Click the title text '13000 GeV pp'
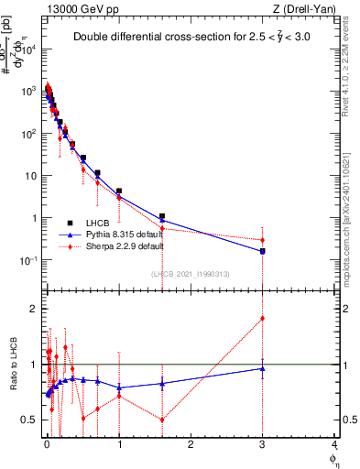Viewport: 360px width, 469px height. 76,8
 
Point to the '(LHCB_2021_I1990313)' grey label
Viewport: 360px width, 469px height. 190,274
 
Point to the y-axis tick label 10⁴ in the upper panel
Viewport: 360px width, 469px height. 29,49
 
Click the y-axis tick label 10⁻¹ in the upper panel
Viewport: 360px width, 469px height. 29,261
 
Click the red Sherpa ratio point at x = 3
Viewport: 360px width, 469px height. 263,319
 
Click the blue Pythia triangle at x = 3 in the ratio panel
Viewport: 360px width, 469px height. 263,369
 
